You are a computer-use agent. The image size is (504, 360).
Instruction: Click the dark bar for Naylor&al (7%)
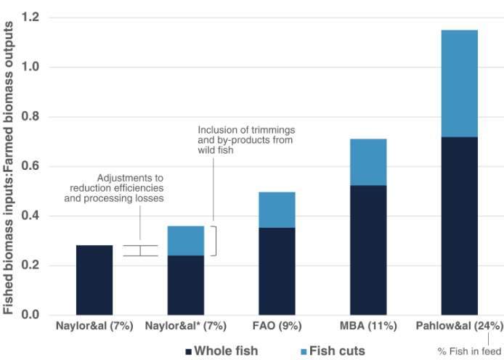pyautogui.click(x=94, y=280)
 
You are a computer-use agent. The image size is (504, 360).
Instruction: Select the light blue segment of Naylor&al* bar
pyautogui.click(x=186, y=240)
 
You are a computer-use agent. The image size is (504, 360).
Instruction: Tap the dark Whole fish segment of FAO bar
pyautogui.click(x=277, y=271)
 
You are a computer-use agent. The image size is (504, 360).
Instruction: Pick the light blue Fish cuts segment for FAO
pyautogui.click(x=277, y=210)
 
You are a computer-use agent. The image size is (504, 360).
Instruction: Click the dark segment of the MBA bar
pyautogui.click(x=368, y=250)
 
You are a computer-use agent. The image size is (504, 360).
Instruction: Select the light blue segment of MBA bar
pyautogui.click(x=368, y=162)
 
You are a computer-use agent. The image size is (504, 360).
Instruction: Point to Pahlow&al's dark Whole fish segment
pyautogui.click(x=459, y=226)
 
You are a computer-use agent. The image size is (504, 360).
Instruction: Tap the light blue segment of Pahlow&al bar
pyautogui.click(x=459, y=83)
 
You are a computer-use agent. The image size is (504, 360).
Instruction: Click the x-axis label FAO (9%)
pyautogui.click(x=277, y=327)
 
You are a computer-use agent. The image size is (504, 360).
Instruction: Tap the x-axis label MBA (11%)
pyautogui.click(x=368, y=327)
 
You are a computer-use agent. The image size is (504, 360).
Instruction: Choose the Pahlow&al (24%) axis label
pyautogui.click(x=458, y=327)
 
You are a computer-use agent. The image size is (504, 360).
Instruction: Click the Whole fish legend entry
pyautogui.click(x=222, y=351)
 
